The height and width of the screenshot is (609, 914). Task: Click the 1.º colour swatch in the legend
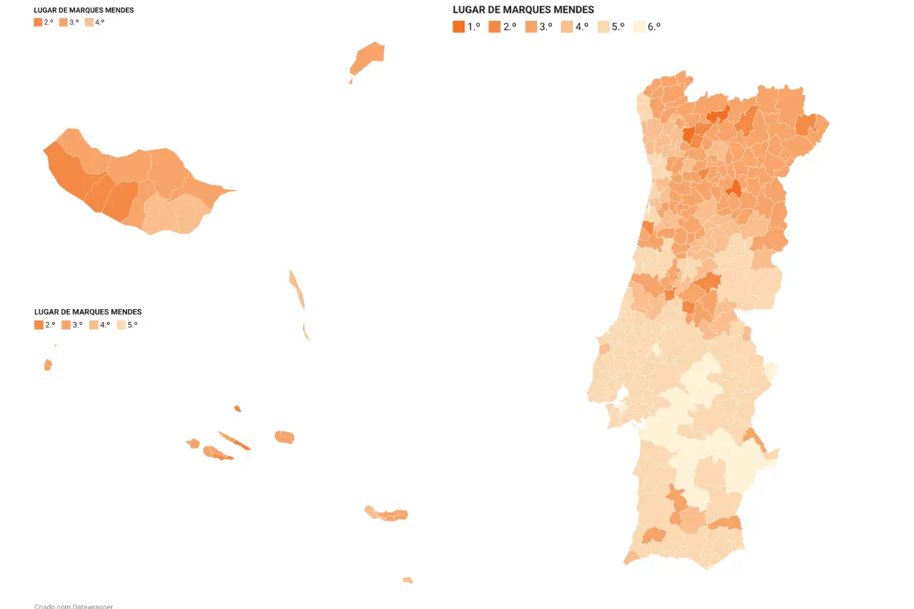click(x=458, y=27)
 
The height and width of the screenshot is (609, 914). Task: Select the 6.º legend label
click(x=654, y=27)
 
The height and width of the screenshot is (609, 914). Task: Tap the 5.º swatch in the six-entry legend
click(x=603, y=27)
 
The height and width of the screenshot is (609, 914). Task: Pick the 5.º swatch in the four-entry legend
click(x=121, y=325)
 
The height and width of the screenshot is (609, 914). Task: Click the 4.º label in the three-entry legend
click(x=99, y=22)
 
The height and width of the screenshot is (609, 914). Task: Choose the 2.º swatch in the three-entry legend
click(x=38, y=22)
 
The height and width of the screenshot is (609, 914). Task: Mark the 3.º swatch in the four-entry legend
click(x=65, y=325)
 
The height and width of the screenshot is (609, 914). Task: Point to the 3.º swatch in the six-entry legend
click(x=531, y=27)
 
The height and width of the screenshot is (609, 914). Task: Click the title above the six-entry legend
click(x=523, y=10)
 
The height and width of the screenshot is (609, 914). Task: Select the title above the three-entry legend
click(x=84, y=11)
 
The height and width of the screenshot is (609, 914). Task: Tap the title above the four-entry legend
click(x=88, y=312)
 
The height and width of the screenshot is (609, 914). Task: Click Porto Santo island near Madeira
click(x=368, y=57)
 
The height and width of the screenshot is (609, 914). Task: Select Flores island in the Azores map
click(x=48, y=365)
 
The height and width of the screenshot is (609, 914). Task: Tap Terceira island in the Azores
click(x=284, y=436)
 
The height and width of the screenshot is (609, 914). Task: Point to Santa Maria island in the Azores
click(x=408, y=580)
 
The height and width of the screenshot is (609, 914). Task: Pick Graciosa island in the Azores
click(x=237, y=408)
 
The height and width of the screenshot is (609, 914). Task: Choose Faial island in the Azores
click(x=193, y=443)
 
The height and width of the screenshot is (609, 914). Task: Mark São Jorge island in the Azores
click(x=234, y=441)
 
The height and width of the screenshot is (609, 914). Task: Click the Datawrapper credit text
click(x=74, y=606)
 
